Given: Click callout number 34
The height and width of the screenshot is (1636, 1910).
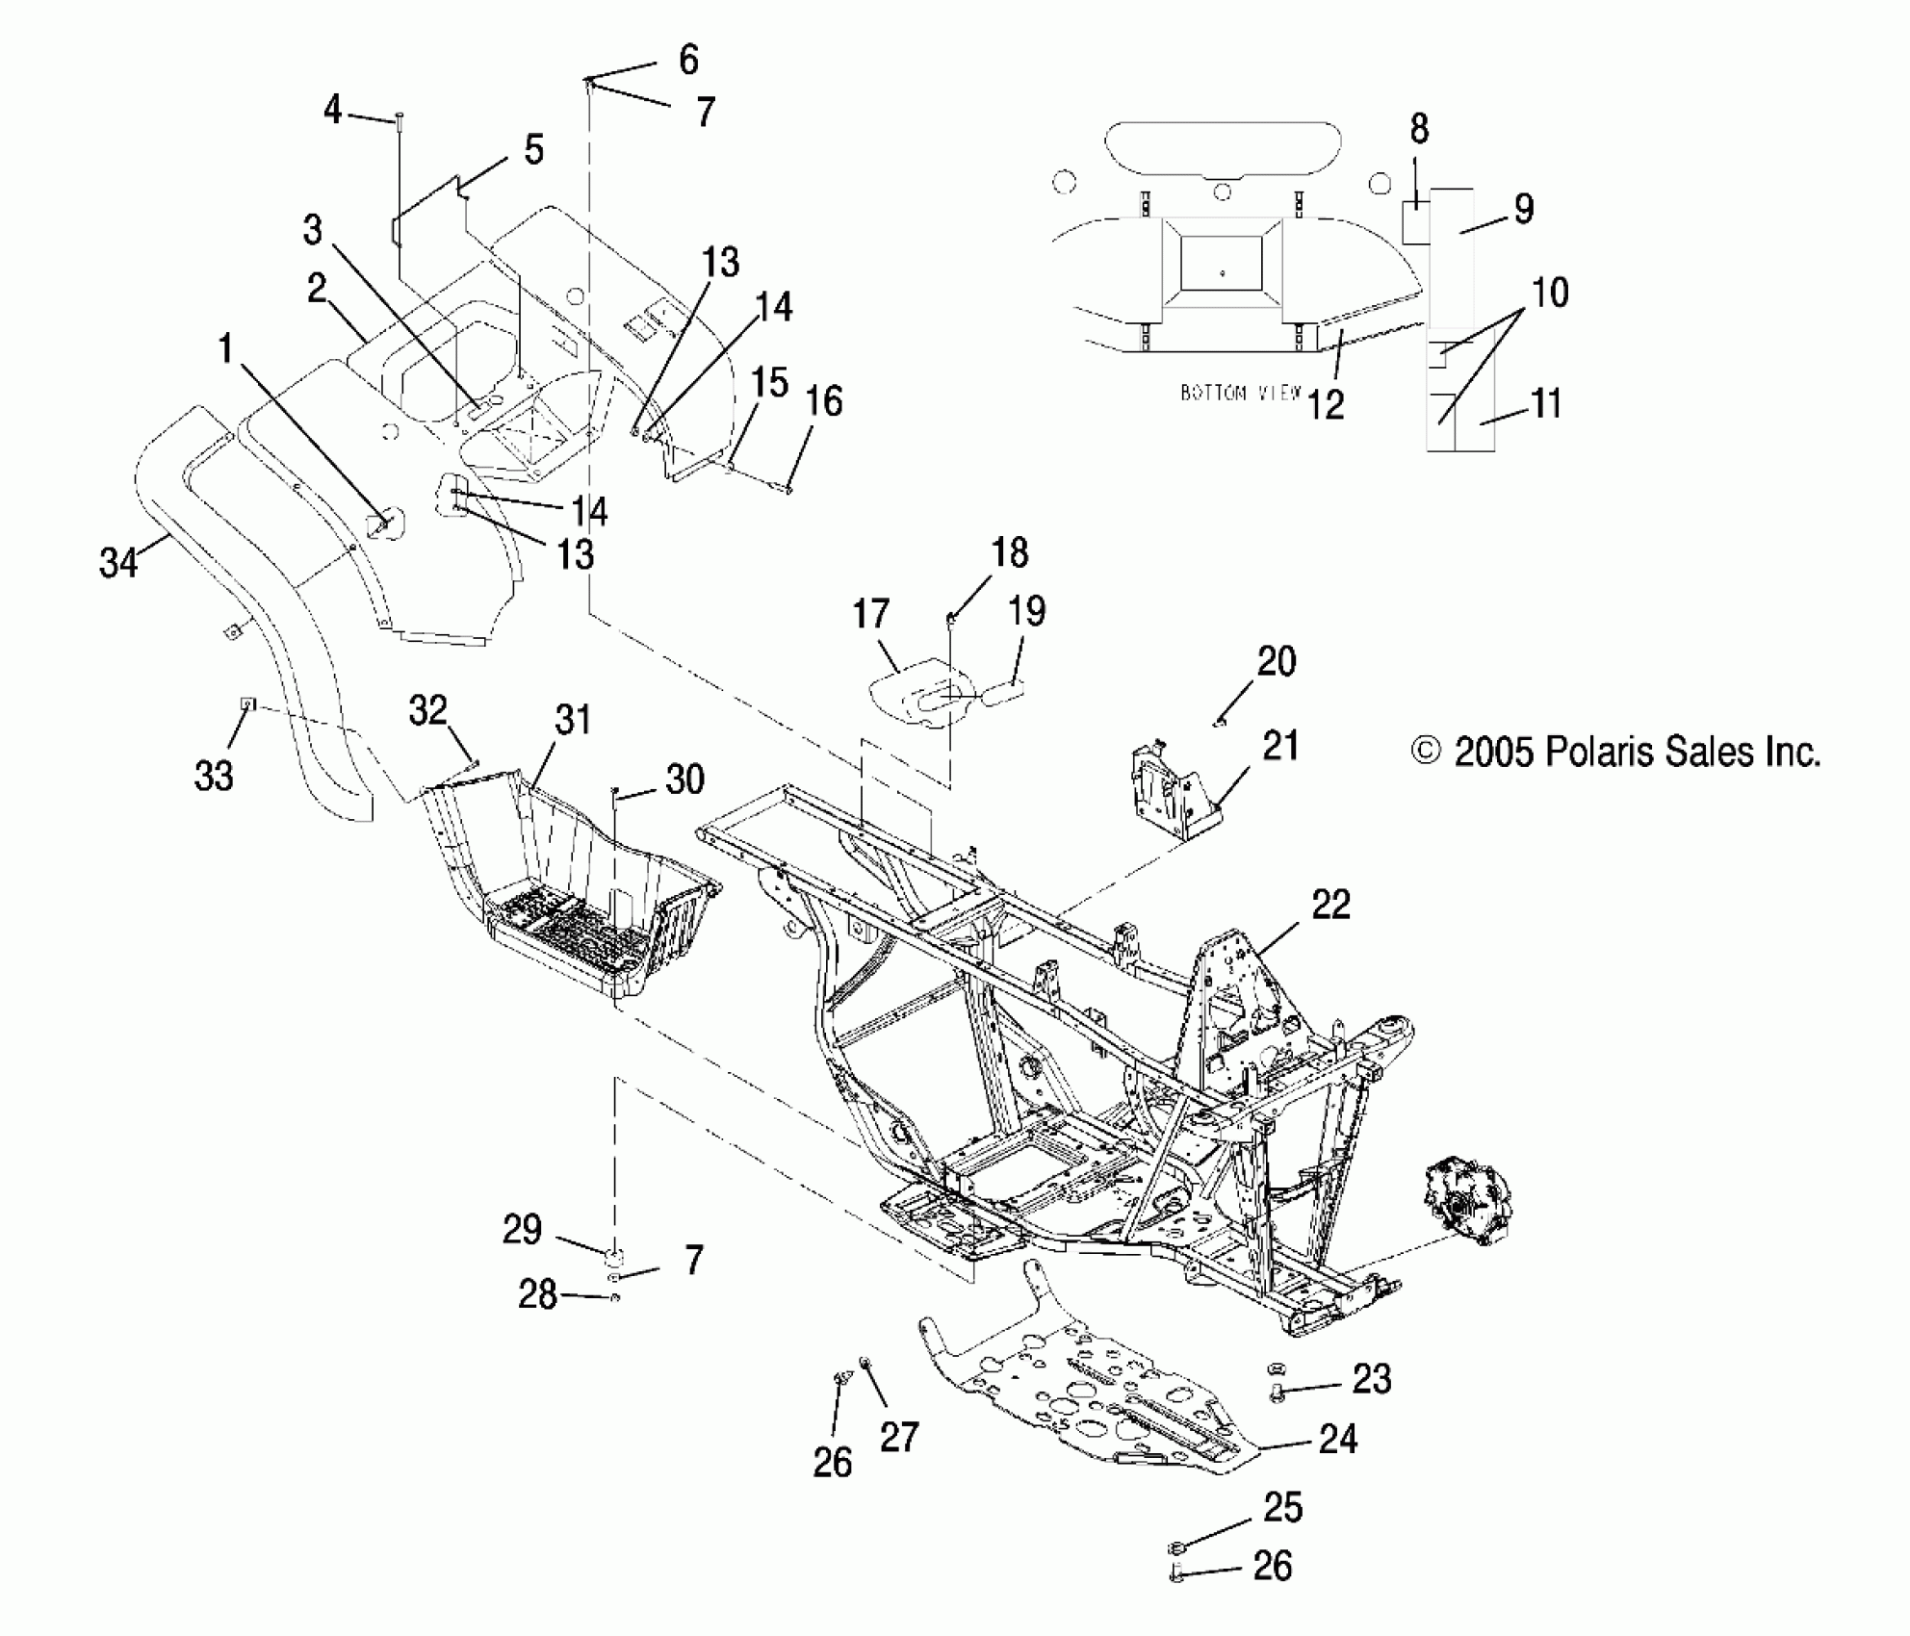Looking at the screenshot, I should [118, 562].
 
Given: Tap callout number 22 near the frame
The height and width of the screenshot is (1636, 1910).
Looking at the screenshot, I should [1330, 905].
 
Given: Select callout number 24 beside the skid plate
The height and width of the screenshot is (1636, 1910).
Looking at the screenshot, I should [1337, 1440].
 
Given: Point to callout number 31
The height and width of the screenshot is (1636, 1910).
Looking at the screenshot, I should [573, 720].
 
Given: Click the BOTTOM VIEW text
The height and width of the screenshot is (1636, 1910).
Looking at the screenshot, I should [1240, 393].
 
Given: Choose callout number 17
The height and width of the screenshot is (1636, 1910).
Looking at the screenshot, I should [870, 614].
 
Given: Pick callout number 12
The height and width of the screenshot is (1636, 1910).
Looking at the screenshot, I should [1325, 405].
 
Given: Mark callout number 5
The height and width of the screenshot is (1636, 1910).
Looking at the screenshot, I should [533, 150].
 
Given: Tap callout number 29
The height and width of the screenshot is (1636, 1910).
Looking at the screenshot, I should [522, 1230].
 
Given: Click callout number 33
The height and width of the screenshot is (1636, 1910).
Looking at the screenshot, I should [214, 775].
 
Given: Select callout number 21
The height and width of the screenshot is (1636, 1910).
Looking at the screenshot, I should [1280, 746].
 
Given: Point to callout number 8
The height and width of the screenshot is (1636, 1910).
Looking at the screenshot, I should [1419, 129].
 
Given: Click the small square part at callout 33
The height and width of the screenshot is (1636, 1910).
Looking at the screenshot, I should [247, 703].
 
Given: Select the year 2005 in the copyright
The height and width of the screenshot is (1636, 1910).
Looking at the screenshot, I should [1492, 752].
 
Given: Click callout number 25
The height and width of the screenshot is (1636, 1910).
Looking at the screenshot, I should [1283, 1507].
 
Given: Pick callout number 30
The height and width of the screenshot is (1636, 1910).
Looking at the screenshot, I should [684, 780].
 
